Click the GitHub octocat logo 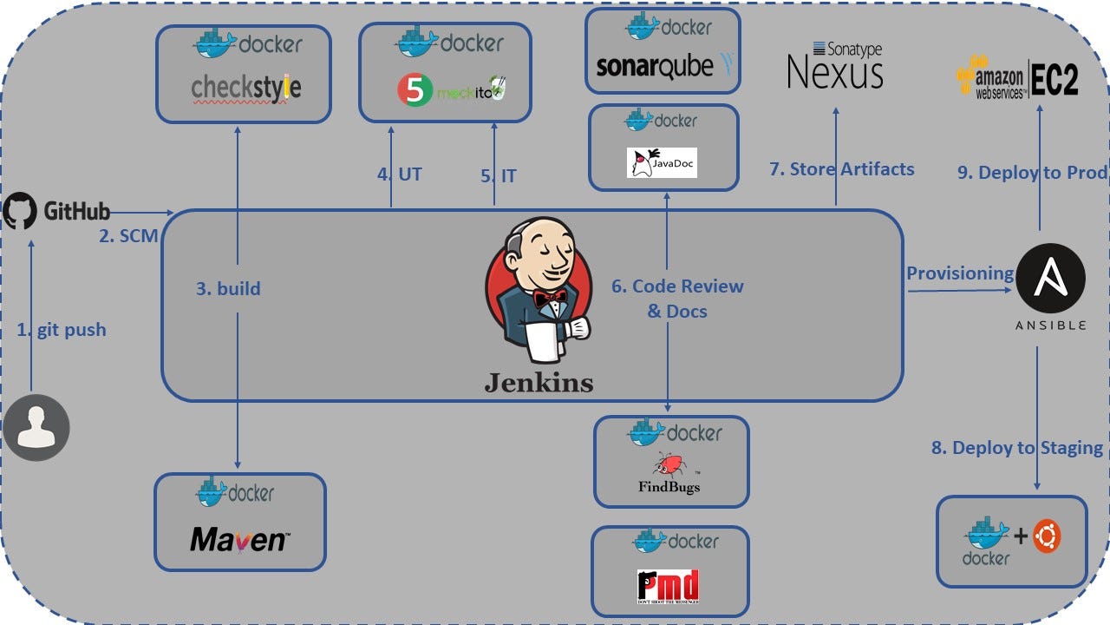point(20,212)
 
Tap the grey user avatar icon point(36,427)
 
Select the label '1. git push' point(62,330)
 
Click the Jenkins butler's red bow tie point(550,298)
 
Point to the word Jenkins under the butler point(539,382)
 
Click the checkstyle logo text point(245,88)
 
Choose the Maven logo point(239,540)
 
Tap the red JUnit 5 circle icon point(415,90)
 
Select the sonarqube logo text point(655,66)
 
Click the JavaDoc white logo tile point(662,162)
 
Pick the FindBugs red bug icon point(669,463)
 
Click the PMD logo point(668,586)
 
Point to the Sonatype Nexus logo point(834,66)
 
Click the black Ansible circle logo point(1050,278)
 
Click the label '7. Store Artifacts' point(841,169)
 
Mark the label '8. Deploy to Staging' point(1016,448)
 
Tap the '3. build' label point(228,288)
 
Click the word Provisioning point(960,273)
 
